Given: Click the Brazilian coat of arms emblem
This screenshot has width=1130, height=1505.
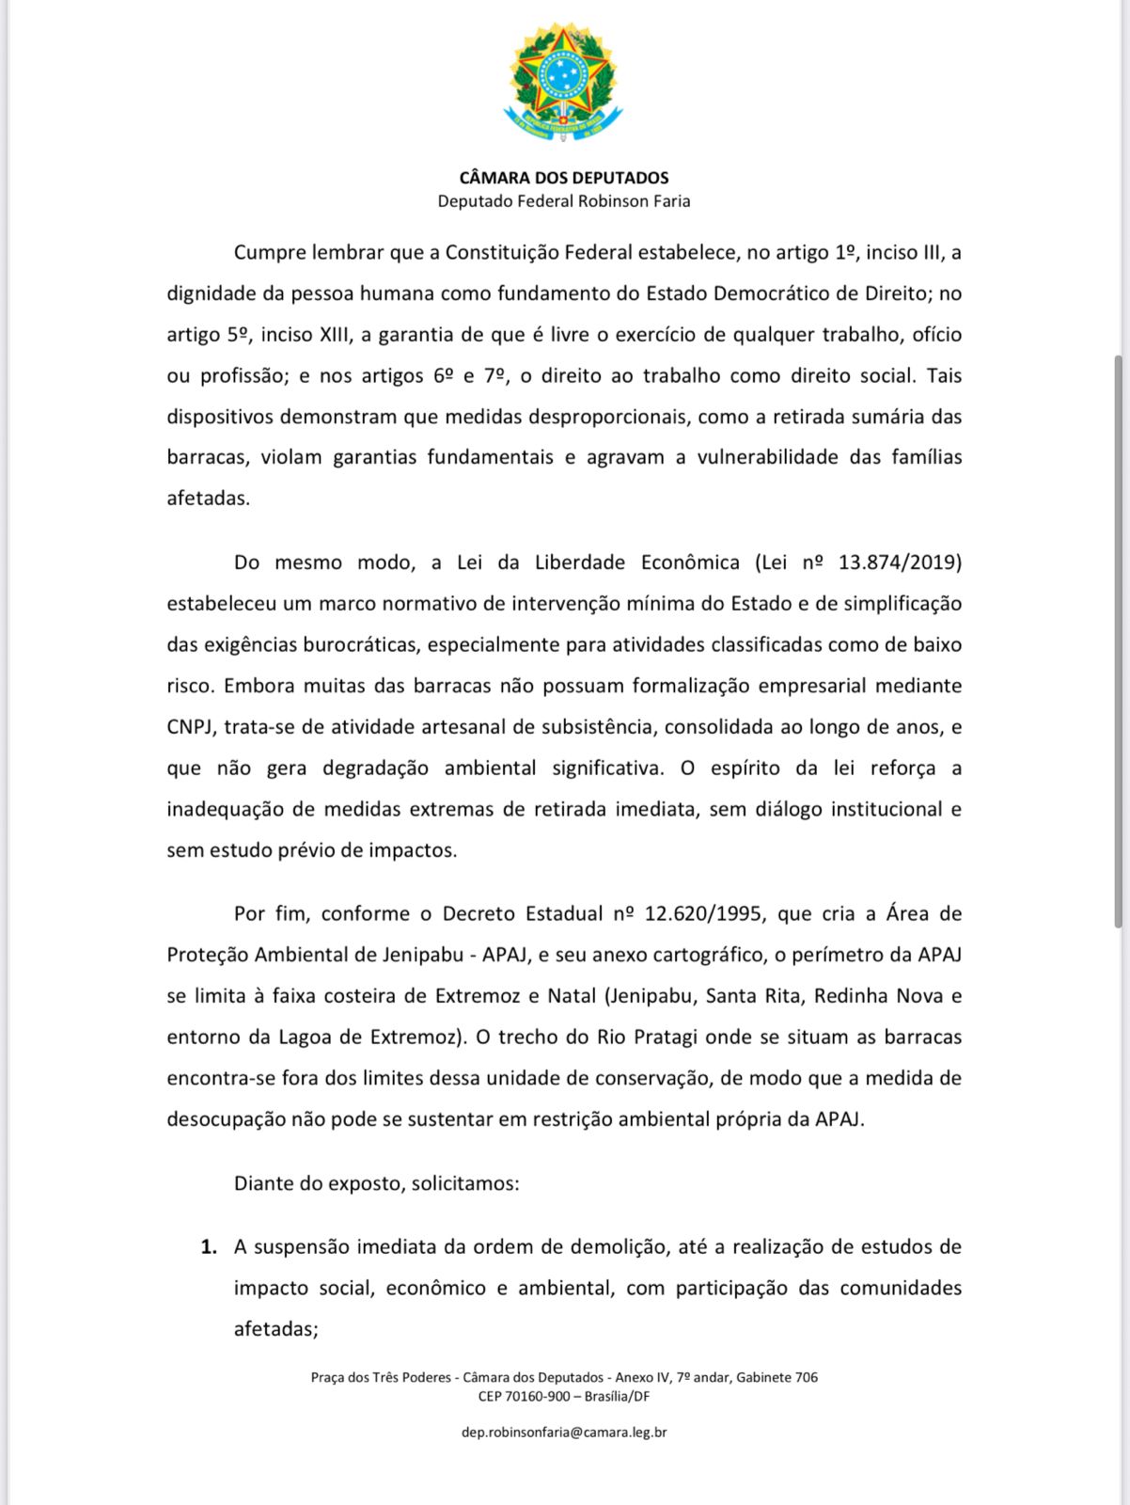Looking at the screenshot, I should pos(563,83).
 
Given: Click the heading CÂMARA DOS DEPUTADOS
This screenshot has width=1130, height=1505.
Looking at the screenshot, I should pos(564,178).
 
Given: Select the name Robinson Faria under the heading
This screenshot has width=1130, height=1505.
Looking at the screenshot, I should pos(634,201).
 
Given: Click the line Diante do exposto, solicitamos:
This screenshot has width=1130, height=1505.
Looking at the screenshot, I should pos(376,1183).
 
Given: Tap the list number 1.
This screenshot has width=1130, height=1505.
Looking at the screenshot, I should pos(208,1247).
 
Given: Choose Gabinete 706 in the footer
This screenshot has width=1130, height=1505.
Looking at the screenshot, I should pos(777,1377).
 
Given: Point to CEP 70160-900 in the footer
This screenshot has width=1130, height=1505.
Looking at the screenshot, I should pos(525,1396).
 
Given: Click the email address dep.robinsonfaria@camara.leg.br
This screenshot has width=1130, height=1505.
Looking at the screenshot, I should pos(564,1433).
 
